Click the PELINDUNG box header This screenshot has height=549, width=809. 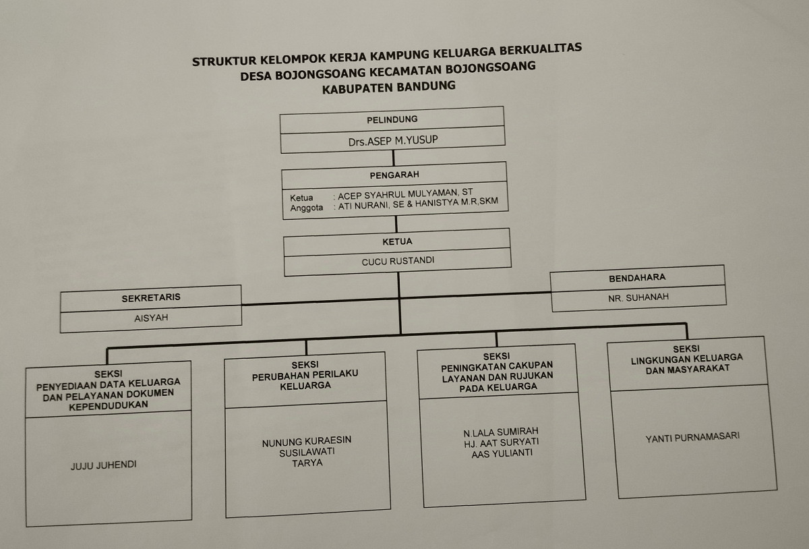click(392, 119)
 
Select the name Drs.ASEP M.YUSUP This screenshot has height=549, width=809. click(394, 142)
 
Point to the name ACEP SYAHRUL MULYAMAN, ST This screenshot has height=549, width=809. click(405, 194)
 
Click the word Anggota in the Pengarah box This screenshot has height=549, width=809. click(307, 208)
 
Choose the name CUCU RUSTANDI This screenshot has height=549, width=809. click(397, 260)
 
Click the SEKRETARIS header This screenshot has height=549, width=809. click(151, 297)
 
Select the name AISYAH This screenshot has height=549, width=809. click(151, 318)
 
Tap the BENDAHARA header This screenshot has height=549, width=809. click(637, 277)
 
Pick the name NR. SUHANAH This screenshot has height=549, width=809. click(638, 297)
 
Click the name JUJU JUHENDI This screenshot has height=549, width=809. click(103, 465)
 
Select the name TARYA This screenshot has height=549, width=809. click(307, 463)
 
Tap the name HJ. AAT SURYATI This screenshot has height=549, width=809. click(502, 442)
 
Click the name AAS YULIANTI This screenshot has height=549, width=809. click(502, 453)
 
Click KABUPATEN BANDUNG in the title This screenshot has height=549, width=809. click(389, 86)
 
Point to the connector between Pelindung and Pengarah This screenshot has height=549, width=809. click(393, 156)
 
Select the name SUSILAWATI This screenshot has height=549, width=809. click(307, 453)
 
